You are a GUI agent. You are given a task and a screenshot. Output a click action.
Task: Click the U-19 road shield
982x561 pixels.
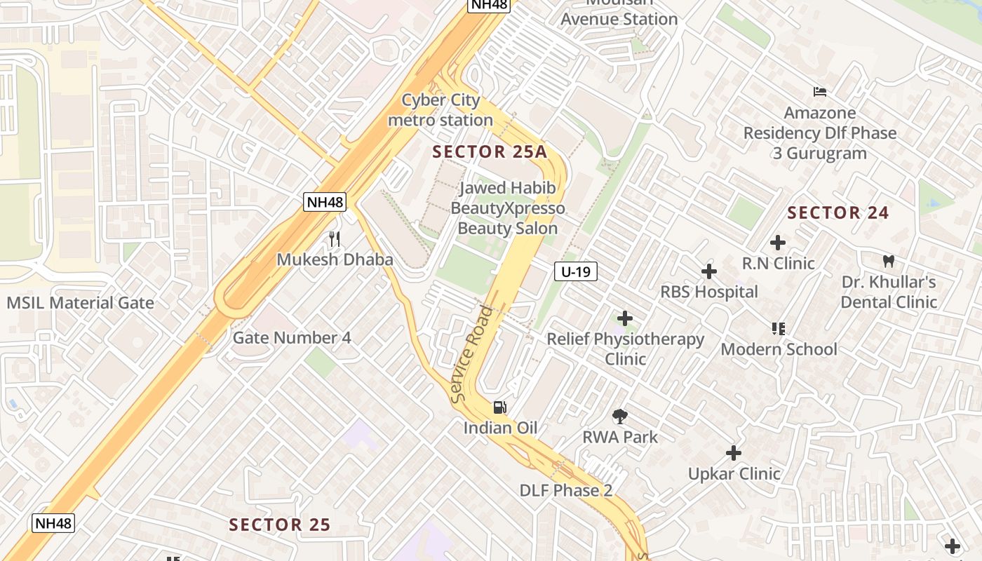click(x=576, y=271)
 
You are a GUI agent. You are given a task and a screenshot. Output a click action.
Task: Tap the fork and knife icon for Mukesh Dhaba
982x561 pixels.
click(x=335, y=239)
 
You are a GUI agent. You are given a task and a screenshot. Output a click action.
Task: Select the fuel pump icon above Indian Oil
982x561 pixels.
click(x=500, y=407)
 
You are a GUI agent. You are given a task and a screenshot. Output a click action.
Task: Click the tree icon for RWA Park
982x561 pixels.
click(x=619, y=417)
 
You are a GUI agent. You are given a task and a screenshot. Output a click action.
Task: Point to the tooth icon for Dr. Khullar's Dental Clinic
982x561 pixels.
click(x=888, y=262)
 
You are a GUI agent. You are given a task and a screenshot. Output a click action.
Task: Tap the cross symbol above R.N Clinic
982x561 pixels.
click(x=777, y=243)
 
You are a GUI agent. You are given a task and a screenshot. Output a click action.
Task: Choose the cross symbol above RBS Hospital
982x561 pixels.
click(x=709, y=271)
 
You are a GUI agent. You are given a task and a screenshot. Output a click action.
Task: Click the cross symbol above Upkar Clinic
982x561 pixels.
click(x=734, y=453)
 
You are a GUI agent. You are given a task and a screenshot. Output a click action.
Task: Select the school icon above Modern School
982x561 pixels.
click(x=778, y=328)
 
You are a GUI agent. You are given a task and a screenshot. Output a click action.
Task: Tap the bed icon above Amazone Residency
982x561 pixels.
click(x=819, y=92)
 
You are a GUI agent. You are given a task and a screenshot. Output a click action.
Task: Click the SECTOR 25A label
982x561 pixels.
click(x=489, y=151)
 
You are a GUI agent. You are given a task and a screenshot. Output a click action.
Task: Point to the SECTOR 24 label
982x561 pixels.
click(x=838, y=212)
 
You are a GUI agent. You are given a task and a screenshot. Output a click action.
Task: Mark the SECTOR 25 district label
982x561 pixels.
click(x=280, y=525)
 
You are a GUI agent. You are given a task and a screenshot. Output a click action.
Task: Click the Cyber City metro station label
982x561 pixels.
click(x=440, y=110)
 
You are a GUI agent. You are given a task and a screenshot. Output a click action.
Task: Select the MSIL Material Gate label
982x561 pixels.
click(x=80, y=303)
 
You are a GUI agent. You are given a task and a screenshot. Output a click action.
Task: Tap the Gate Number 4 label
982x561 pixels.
click(x=292, y=337)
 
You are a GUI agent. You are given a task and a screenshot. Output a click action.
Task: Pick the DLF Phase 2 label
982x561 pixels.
click(x=566, y=490)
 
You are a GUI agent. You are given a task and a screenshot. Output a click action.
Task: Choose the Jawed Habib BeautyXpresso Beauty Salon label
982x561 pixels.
click(x=508, y=208)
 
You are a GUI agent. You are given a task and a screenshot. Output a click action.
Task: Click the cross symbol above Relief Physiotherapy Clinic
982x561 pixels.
click(x=624, y=319)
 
